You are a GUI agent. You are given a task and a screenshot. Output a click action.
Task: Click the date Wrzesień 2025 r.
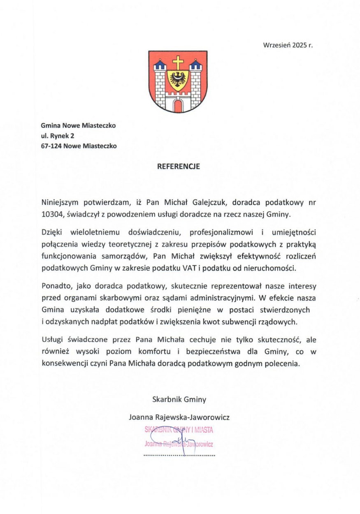point(288,46)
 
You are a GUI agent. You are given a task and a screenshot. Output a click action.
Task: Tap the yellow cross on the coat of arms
point(178,63)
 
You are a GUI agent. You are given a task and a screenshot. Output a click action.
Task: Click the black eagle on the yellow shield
point(178,79)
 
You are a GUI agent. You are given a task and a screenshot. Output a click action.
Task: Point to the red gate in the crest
point(178,106)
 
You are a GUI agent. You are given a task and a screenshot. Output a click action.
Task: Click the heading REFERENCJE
point(179,167)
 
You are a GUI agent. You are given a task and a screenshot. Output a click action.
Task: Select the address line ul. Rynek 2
point(58,135)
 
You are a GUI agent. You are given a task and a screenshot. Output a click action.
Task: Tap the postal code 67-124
point(52,146)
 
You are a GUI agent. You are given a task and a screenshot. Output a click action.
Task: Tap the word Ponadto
point(54,286)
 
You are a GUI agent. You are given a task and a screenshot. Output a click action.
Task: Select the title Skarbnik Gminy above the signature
point(179,399)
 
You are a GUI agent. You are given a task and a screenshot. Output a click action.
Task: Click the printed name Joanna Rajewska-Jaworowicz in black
point(179,417)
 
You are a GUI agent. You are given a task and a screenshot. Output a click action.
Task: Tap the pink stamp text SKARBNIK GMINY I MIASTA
point(179,430)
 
